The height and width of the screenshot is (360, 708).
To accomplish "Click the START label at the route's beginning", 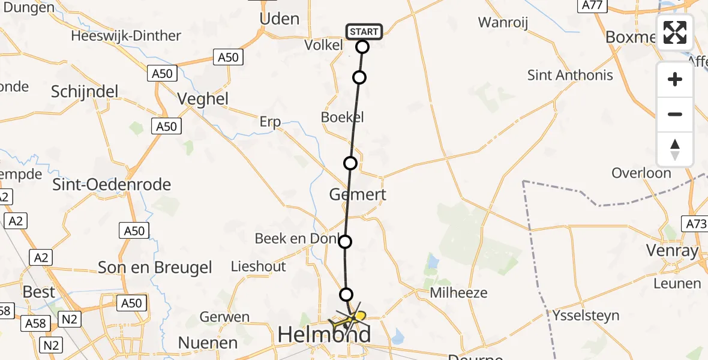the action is (364, 32).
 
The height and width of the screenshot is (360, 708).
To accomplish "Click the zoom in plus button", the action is (675, 79).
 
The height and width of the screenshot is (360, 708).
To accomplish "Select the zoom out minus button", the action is (675, 114).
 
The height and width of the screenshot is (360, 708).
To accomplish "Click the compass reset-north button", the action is (675, 149).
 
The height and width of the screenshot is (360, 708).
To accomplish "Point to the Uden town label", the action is (279, 19).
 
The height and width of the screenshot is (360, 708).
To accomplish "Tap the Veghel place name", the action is (203, 98).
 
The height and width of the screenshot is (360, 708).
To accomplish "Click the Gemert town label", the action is (358, 194).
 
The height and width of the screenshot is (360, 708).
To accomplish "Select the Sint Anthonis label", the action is (570, 75).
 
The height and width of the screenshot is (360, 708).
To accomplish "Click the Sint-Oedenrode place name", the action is (112, 184).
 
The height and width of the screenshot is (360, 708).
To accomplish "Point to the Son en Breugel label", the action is (155, 267).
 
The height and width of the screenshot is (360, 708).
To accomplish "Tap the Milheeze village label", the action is (459, 293).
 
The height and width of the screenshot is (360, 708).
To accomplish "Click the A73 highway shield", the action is (695, 224).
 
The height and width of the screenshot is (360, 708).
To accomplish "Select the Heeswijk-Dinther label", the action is (126, 35).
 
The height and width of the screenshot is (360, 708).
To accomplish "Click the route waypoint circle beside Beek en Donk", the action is (345, 242).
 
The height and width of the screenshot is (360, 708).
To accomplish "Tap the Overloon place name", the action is (641, 173).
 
